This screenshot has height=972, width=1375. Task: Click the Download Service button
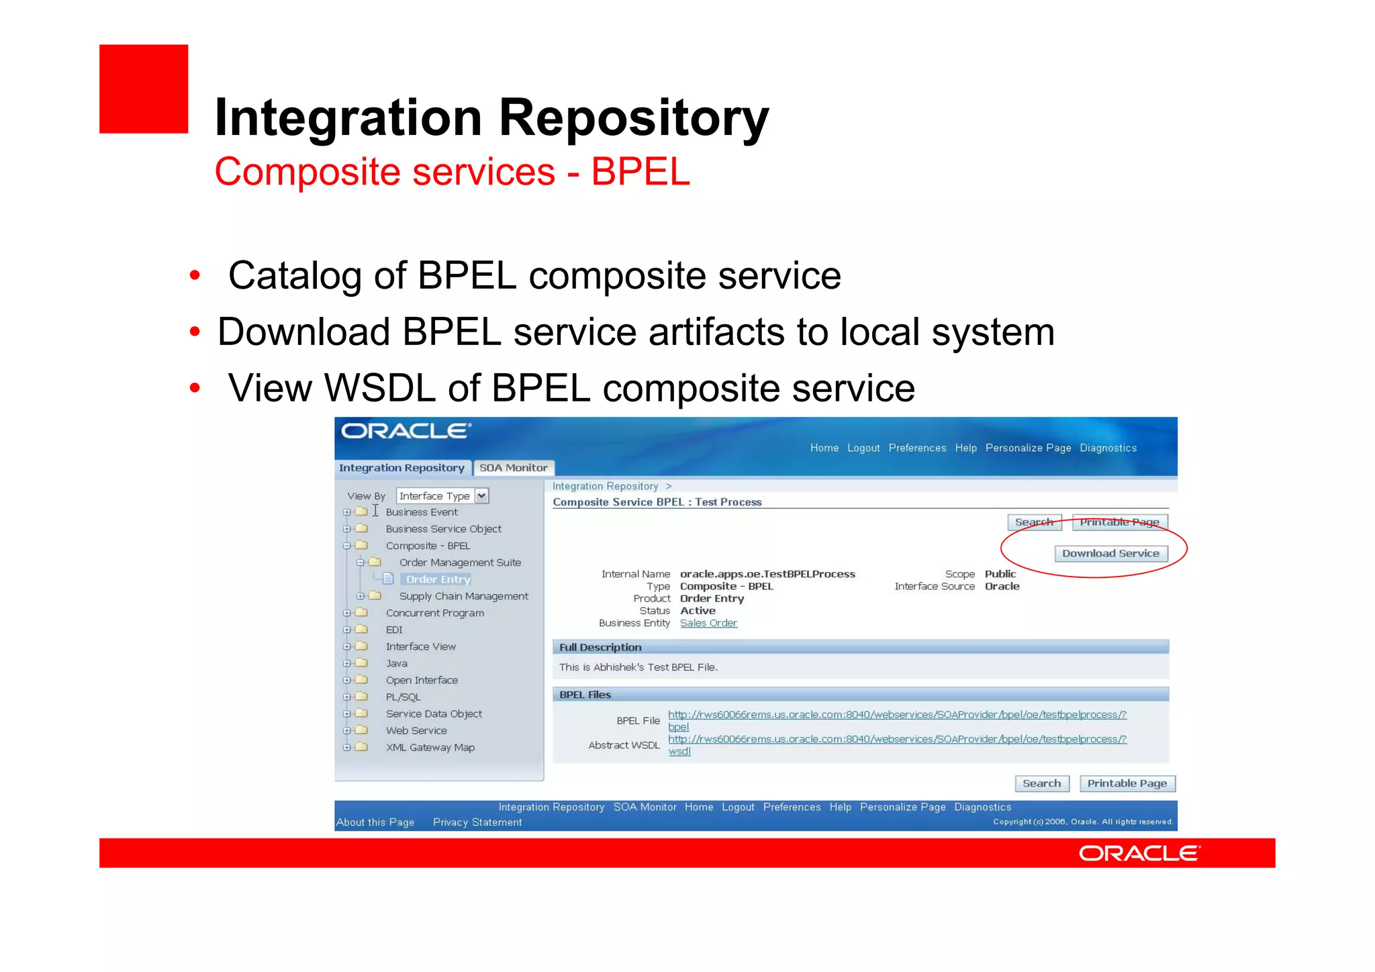click(1110, 553)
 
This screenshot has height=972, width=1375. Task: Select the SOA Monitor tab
click(513, 468)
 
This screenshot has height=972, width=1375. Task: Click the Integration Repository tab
click(401, 468)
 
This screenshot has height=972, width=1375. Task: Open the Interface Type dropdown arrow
click(481, 496)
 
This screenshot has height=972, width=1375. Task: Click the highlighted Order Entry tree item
click(438, 579)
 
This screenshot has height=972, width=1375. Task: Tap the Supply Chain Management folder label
click(463, 596)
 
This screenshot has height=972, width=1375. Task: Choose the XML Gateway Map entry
click(430, 747)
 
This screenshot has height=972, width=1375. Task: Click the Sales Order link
click(708, 623)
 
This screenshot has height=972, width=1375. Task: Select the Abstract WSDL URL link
click(897, 739)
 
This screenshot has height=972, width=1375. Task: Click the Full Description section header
click(600, 647)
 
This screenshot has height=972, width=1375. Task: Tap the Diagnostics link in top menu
click(1108, 448)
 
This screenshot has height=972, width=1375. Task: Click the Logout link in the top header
click(863, 448)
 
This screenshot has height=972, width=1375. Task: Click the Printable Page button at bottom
click(1127, 783)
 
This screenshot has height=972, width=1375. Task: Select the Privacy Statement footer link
click(477, 822)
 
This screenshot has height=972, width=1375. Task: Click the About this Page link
click(375, 822)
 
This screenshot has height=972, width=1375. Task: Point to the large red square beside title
click(144, 89)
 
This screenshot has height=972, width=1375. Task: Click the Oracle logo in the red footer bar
click(1139, 853)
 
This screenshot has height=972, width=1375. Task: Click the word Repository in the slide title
click(633, 117)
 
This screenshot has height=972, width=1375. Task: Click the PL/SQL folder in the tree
click(403, 697)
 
